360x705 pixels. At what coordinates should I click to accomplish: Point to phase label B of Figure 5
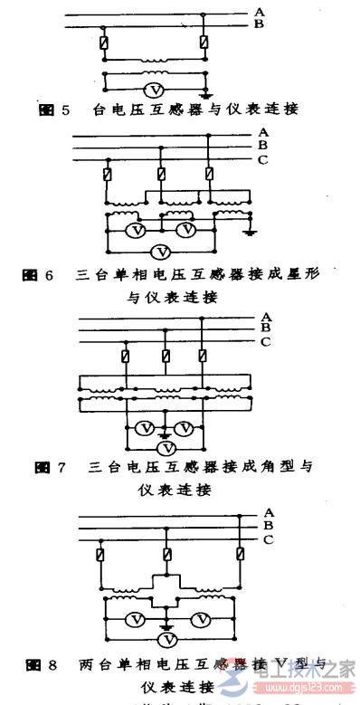(x=259, y=24)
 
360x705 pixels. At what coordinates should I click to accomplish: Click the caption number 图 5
(x=54, y=110)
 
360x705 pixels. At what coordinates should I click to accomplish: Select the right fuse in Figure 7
(x=202, y=357)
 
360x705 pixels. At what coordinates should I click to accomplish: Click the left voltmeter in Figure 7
(x=142, y=428)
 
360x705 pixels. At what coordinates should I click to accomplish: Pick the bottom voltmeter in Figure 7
(x=164, y=447)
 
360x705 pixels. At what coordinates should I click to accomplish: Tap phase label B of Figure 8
(x=267, y=525)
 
